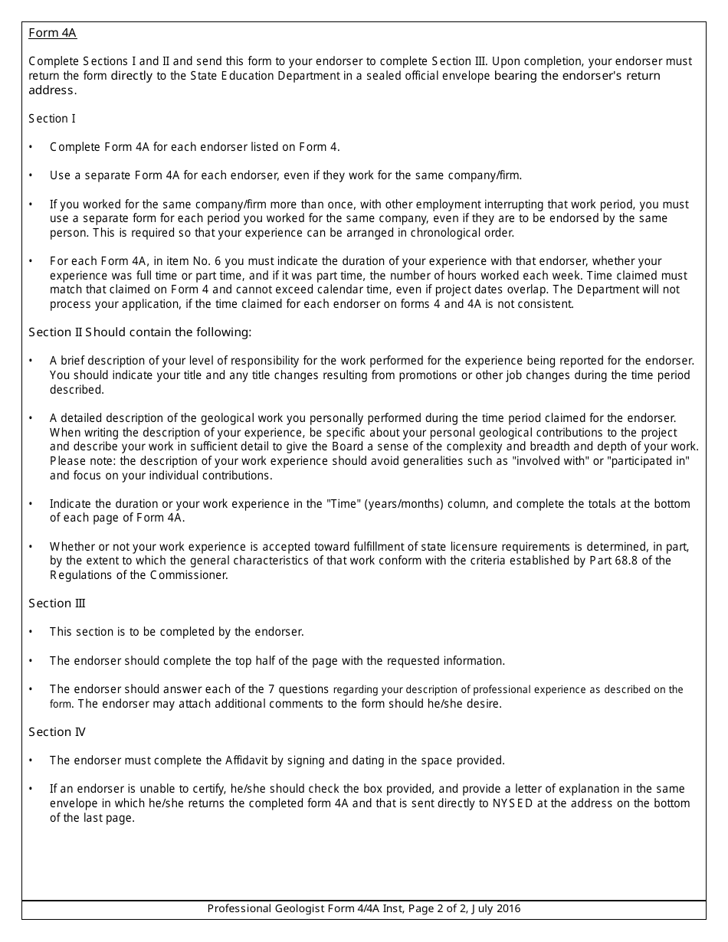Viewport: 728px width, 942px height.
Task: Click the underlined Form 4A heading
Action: (52, 33)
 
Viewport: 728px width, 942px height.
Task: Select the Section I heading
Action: (52, 119)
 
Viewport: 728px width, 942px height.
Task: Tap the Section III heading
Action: (57, 603)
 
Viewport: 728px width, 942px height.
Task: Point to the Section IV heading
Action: (57, 732)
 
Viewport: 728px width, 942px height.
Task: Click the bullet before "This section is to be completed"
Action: (31, 633)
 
